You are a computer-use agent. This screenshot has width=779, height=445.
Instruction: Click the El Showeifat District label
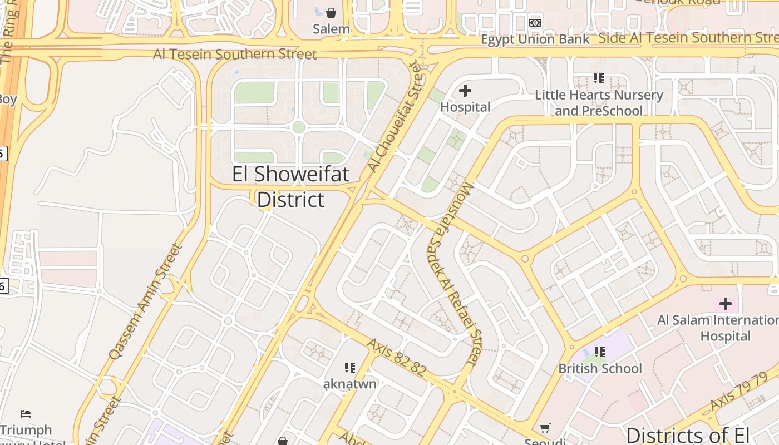coord(290,187)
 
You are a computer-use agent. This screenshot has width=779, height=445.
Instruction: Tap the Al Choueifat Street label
coord(395,116)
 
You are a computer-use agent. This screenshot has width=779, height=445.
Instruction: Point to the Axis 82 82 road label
coord(396,357)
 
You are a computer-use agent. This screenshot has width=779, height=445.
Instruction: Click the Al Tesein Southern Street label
coord(235,54)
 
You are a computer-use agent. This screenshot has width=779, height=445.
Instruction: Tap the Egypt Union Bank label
coord(535,39)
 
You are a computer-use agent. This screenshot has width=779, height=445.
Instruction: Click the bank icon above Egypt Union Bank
coord(535,23)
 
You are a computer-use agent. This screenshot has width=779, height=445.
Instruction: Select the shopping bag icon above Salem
coord(331,12)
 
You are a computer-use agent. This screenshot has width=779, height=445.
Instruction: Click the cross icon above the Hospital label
coord(465,90)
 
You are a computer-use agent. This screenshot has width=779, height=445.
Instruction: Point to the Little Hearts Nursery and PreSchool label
coord(599,103)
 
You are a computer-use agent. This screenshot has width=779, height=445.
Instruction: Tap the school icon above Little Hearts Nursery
coord(599,78)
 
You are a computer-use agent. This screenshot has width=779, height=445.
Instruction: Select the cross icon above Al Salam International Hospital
coord(725,304)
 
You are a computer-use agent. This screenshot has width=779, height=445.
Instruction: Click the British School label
coord(600,368)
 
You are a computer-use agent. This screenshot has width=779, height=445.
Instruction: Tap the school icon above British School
coord(600,352)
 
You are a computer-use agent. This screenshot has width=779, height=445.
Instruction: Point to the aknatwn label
coord(350,384)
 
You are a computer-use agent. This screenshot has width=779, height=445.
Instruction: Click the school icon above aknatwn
coord(350,367)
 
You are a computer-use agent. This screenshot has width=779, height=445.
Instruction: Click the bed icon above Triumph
coord(26,414)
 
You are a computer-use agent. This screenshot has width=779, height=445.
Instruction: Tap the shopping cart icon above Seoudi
coord(545,428)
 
